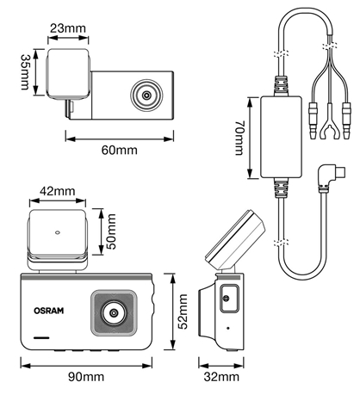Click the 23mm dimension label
[68, 28]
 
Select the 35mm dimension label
[25, 72]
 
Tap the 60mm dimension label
[120, 150]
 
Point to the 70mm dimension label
[239, 138]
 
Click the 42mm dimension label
[58, 191]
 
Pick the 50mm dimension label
[111, 231]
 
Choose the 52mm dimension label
[183, 311]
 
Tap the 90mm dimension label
[86, 377]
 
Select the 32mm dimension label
[221, 377]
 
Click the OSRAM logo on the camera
[49, 311]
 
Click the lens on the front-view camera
[114, 312]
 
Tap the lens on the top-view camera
[146, 95]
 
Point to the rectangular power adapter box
[282, 137]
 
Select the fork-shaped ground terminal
[329, 124]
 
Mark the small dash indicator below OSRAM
[41, 337]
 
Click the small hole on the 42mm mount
[58, 232]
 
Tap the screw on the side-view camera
[227, 299]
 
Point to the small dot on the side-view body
[228, 328]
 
